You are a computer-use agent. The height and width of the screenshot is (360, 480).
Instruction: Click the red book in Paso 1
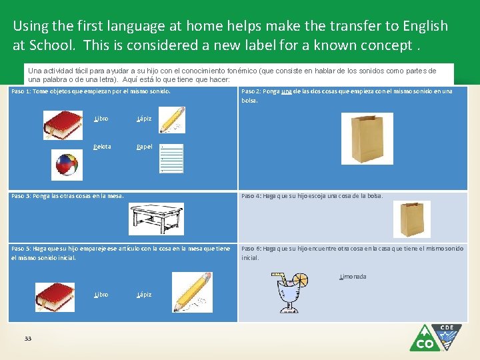click(63, 125)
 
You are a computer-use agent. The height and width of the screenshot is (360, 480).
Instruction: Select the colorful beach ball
click(66, 164)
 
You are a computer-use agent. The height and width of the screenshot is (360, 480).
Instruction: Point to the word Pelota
click(102, 147)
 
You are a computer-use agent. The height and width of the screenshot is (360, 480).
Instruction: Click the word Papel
click(144, 147)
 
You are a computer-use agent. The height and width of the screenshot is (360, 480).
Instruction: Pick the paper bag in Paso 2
click(362, 139)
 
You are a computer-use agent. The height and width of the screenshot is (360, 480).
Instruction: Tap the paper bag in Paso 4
click(411, 219)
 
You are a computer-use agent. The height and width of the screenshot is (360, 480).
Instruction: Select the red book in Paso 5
click(55, 297)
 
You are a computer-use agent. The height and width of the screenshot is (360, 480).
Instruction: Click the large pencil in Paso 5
click(192, 292)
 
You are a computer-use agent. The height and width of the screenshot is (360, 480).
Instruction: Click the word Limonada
click(353, 277)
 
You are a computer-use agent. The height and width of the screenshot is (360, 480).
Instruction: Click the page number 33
click(28, 339)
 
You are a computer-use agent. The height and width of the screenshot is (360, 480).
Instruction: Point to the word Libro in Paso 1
click(101, 119)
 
